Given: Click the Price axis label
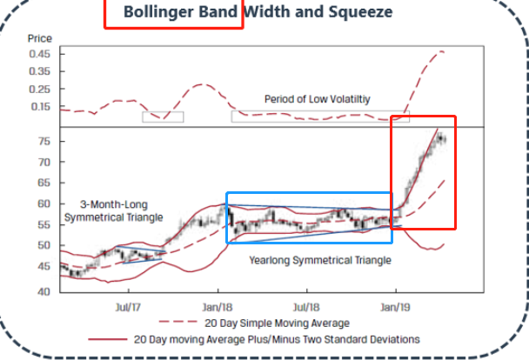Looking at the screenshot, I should point(40,39).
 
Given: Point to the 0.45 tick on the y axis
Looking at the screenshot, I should point(40,54).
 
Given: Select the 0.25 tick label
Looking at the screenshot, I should point(40,89).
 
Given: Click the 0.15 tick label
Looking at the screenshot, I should point(40,106).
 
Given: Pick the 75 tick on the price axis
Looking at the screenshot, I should point(44,141).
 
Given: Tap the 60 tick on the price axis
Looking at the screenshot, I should point(44,203).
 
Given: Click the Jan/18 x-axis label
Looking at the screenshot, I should point(218,307).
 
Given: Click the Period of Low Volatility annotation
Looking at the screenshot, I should point(318,99).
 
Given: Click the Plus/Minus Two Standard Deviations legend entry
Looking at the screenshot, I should point(277,338).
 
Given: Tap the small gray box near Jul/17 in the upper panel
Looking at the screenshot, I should point(163,116).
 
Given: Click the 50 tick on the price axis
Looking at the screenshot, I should point(44,245).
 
